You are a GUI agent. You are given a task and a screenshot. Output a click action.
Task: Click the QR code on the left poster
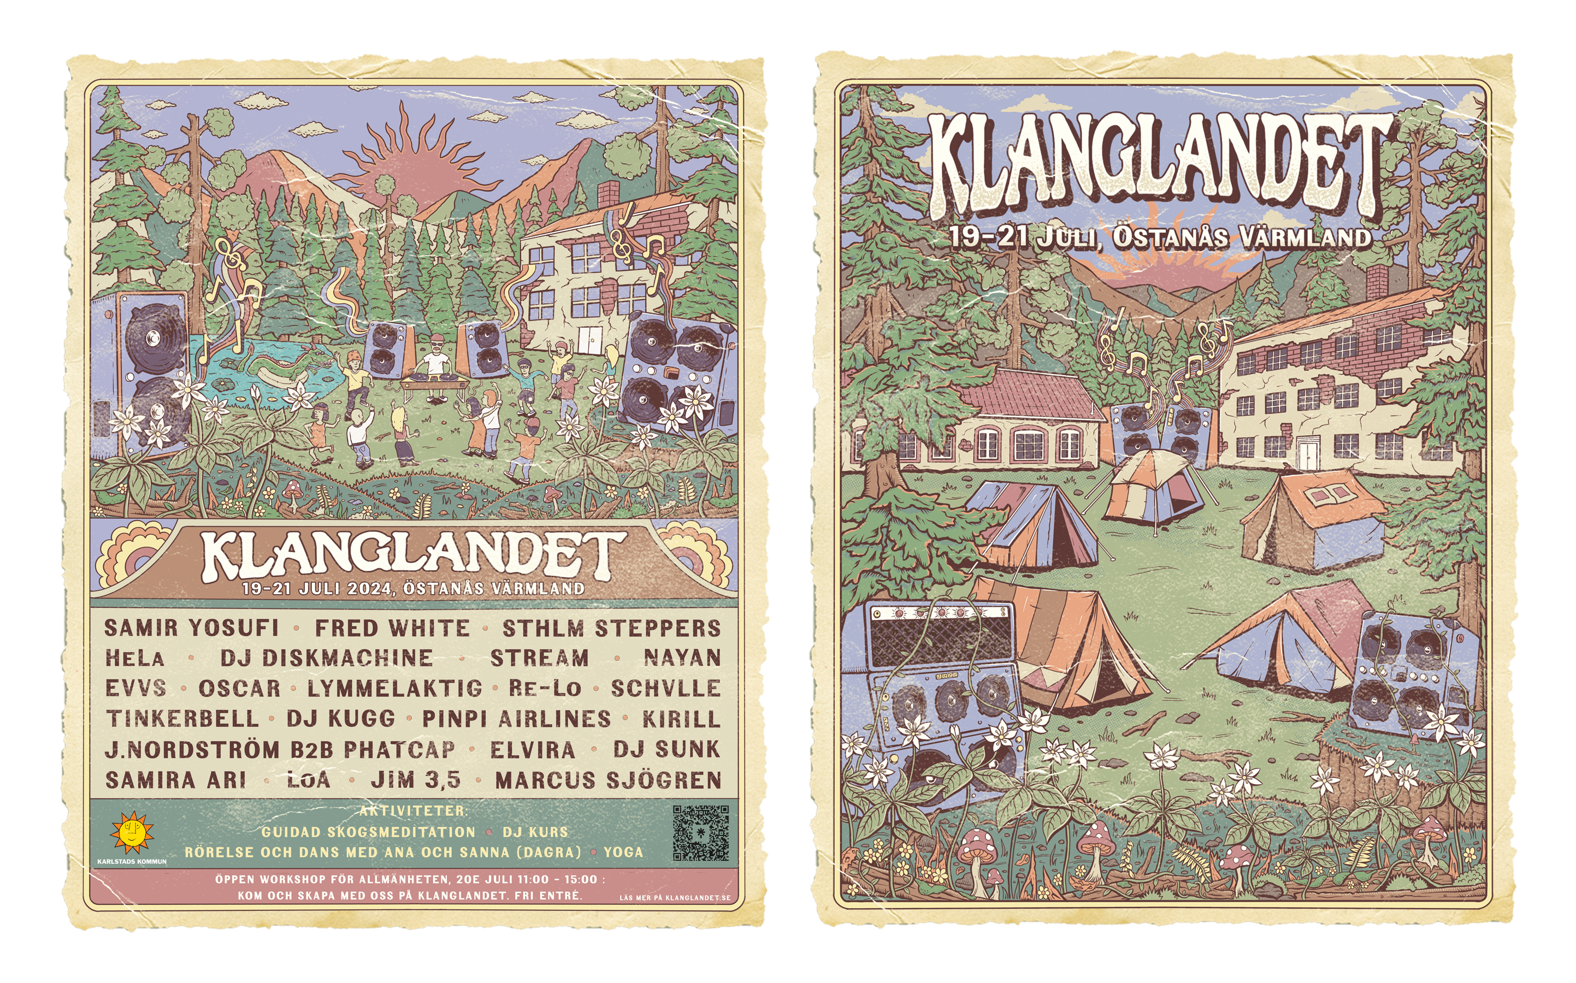click(x=700, y=833)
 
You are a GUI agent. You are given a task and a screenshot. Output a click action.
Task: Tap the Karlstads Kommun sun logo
click(x=132, y=832)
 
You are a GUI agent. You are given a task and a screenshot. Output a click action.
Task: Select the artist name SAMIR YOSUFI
click(x=191, y=628)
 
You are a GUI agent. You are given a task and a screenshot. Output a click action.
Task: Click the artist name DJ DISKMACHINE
click(x=326, y=658)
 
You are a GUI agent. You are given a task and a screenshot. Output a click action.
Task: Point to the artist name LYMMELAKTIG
click(x=394, y=689)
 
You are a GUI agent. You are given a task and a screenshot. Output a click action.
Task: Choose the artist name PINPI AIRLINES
click(x=516, y=719)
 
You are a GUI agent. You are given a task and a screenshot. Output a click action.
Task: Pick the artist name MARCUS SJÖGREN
click(x=608, y=780)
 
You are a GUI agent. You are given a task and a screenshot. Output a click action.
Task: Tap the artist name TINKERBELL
click(x=182, y=719)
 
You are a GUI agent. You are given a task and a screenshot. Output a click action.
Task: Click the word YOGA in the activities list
click(x=623, y=852)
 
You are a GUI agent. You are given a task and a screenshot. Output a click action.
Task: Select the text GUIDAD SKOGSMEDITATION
click(x=368, y=832)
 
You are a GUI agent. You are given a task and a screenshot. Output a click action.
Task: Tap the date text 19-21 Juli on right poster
click(x=1021, y=236)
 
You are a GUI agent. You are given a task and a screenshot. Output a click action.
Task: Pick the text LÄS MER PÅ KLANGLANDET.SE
click(x=674, y=898)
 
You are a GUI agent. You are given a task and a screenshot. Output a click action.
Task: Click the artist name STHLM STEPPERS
click(x=611, y=629)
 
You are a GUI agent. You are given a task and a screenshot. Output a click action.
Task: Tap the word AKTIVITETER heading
click(x=413, y=811)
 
